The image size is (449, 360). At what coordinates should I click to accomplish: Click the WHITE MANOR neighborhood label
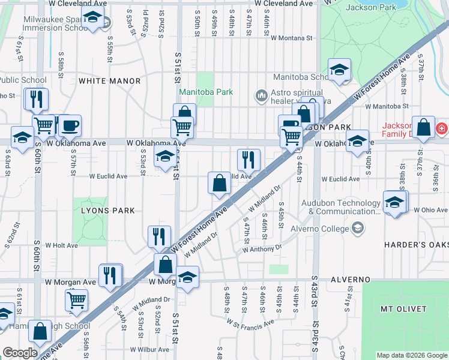[x=109, y=81]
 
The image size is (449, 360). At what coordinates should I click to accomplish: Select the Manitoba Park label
[x=205, y=92]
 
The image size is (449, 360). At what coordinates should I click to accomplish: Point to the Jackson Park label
[x=370, y=7]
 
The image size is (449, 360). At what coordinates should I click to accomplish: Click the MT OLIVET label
[x=403, y=308]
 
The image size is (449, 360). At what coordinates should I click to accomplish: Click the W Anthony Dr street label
[x=262, y=248]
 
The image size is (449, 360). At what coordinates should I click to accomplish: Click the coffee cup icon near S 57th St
[x=70, y=125]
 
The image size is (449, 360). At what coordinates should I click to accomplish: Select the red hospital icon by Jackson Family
[x=442, y=128]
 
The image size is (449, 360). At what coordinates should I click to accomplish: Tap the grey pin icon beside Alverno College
[x=358, y=228]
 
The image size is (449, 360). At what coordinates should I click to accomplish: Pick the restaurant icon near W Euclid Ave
[x=249, y=160]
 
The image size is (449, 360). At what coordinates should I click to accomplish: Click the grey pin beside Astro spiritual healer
[x=261, y=96]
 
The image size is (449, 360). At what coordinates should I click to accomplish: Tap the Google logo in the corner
[x=20, y=353]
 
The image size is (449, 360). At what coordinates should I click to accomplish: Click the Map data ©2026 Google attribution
[x=412, y=355]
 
